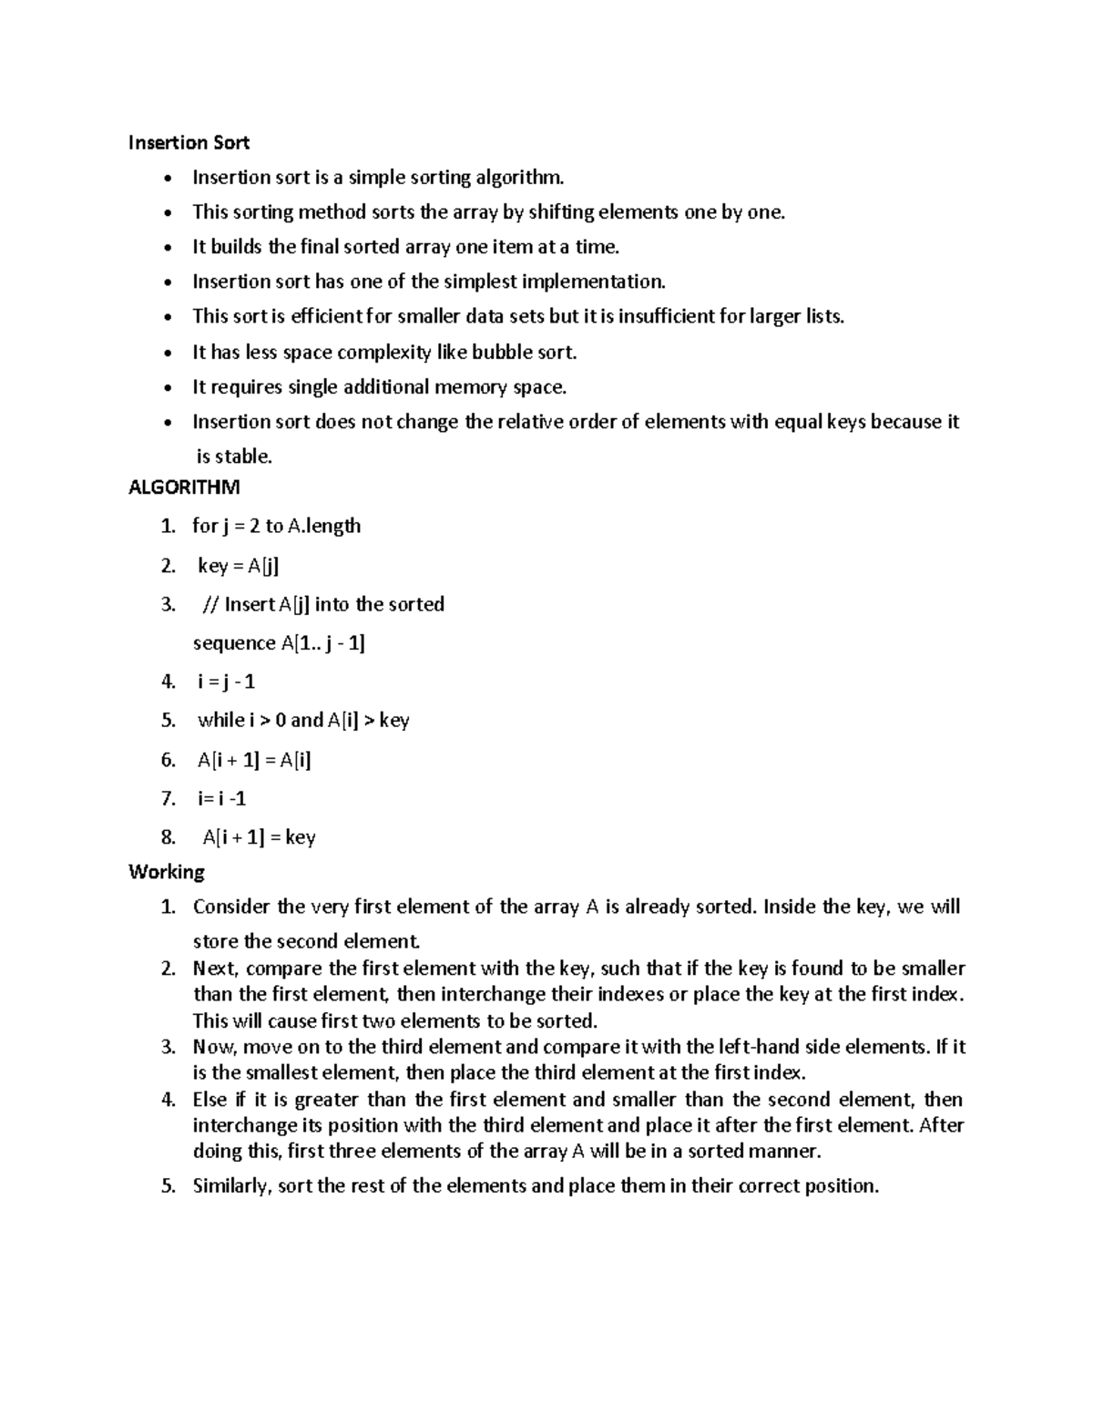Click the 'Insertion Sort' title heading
tap(189, 142)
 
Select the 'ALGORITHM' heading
tap(184, 487)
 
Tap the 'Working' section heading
tap(167, 872)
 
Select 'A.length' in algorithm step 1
tap(324, 526)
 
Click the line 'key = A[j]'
tap(238, 566)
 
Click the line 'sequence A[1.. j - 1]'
tap(279, 642)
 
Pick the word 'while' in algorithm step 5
tap(220, 720)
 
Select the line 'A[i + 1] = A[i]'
tap(254, 760)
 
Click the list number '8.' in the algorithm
tap(168, 837)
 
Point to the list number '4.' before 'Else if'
tap(168, 1100)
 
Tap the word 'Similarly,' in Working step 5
tap(231, 1185)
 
